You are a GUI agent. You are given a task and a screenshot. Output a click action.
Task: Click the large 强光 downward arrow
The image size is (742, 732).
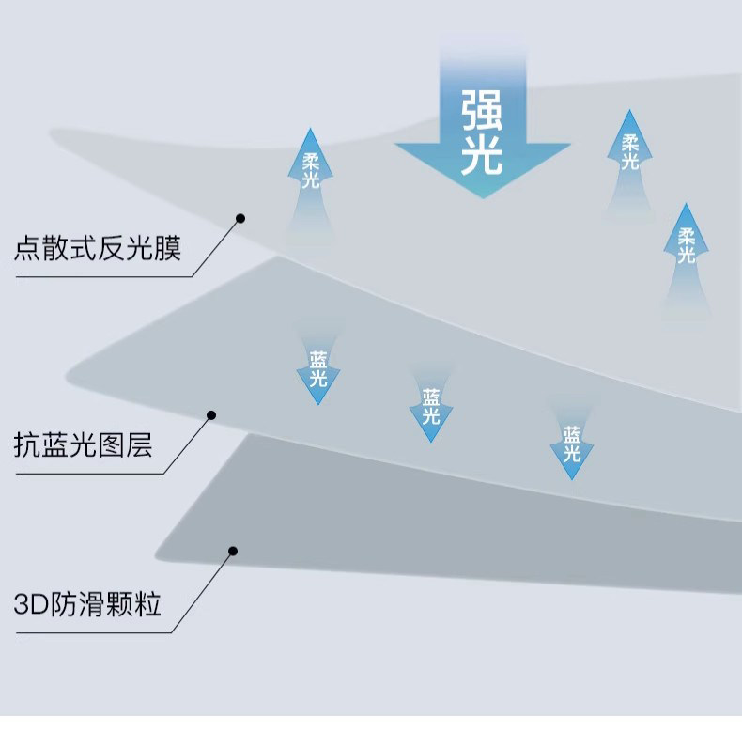pyautogui.click(x=482, y=132)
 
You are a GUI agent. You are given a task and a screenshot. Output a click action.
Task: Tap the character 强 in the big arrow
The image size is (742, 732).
pyautogui.click(x=482, y=112)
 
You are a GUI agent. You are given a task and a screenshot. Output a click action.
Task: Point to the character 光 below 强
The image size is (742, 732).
pyautogui.click(x=482, y=157)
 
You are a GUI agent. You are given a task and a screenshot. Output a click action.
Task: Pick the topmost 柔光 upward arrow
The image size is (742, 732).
pyautogui.click(x=629, y=155)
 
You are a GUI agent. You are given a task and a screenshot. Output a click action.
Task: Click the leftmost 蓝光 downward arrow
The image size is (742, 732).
pyautogui.click(x=318, y=368)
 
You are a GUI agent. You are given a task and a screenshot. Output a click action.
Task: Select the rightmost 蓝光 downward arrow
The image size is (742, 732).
pyautogui.click(x=571, y=444)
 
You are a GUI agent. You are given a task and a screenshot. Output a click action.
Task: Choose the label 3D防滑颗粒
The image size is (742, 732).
pyautogui.click(x=88, y=603)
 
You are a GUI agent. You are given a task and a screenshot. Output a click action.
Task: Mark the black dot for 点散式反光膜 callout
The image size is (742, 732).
pyautogui.click(x=240, y=218)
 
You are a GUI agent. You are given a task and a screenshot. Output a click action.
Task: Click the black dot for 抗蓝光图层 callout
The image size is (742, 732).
pyautogui.click(x=211, y=414)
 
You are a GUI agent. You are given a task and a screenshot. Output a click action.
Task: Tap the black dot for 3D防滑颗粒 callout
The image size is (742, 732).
pyautogui.click(x=233, y=551)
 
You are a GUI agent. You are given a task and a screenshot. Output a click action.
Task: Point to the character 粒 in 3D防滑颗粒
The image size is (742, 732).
pyautogui.click(x=147, y=603)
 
